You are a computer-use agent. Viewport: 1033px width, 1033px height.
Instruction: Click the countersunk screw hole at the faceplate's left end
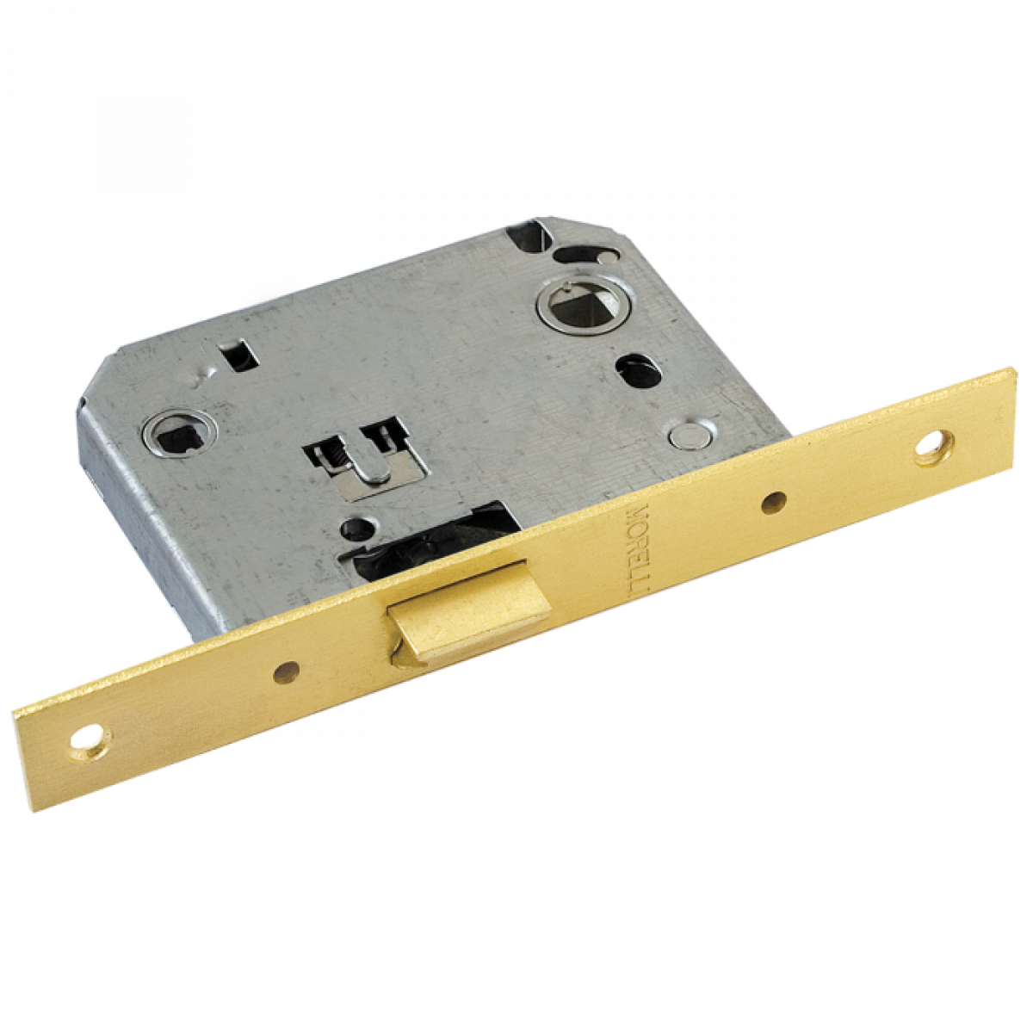click(x=88, y=743)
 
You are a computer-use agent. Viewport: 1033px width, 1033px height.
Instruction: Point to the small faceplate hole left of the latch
click(x=287, y=671)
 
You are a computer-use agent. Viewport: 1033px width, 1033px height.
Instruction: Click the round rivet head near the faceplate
click(x=690, y=434)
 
